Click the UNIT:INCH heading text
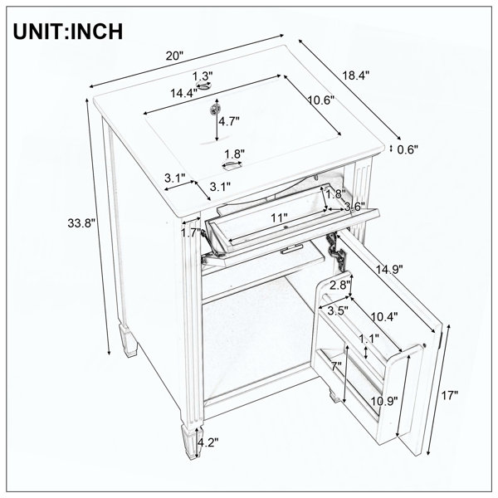coord(68,32)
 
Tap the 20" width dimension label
coord(174,56)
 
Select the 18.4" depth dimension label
coord(356,76)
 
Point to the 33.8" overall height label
coord(81,223)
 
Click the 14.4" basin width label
coord(184,93)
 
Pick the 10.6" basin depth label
coord(321,100)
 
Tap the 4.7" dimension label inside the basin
coord(228,121)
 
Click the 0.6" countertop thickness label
coord(408,149)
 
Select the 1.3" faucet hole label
coord(203,76)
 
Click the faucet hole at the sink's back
coord(204,85)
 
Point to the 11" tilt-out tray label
coord(279,217)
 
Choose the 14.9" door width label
coord(389,269)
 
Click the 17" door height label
coord(450,395)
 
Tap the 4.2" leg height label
coord(208,442)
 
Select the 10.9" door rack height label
coord(384,401)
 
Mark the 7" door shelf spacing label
coord(336,366)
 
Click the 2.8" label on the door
coord(339,285)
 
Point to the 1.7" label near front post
coord(191,232)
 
